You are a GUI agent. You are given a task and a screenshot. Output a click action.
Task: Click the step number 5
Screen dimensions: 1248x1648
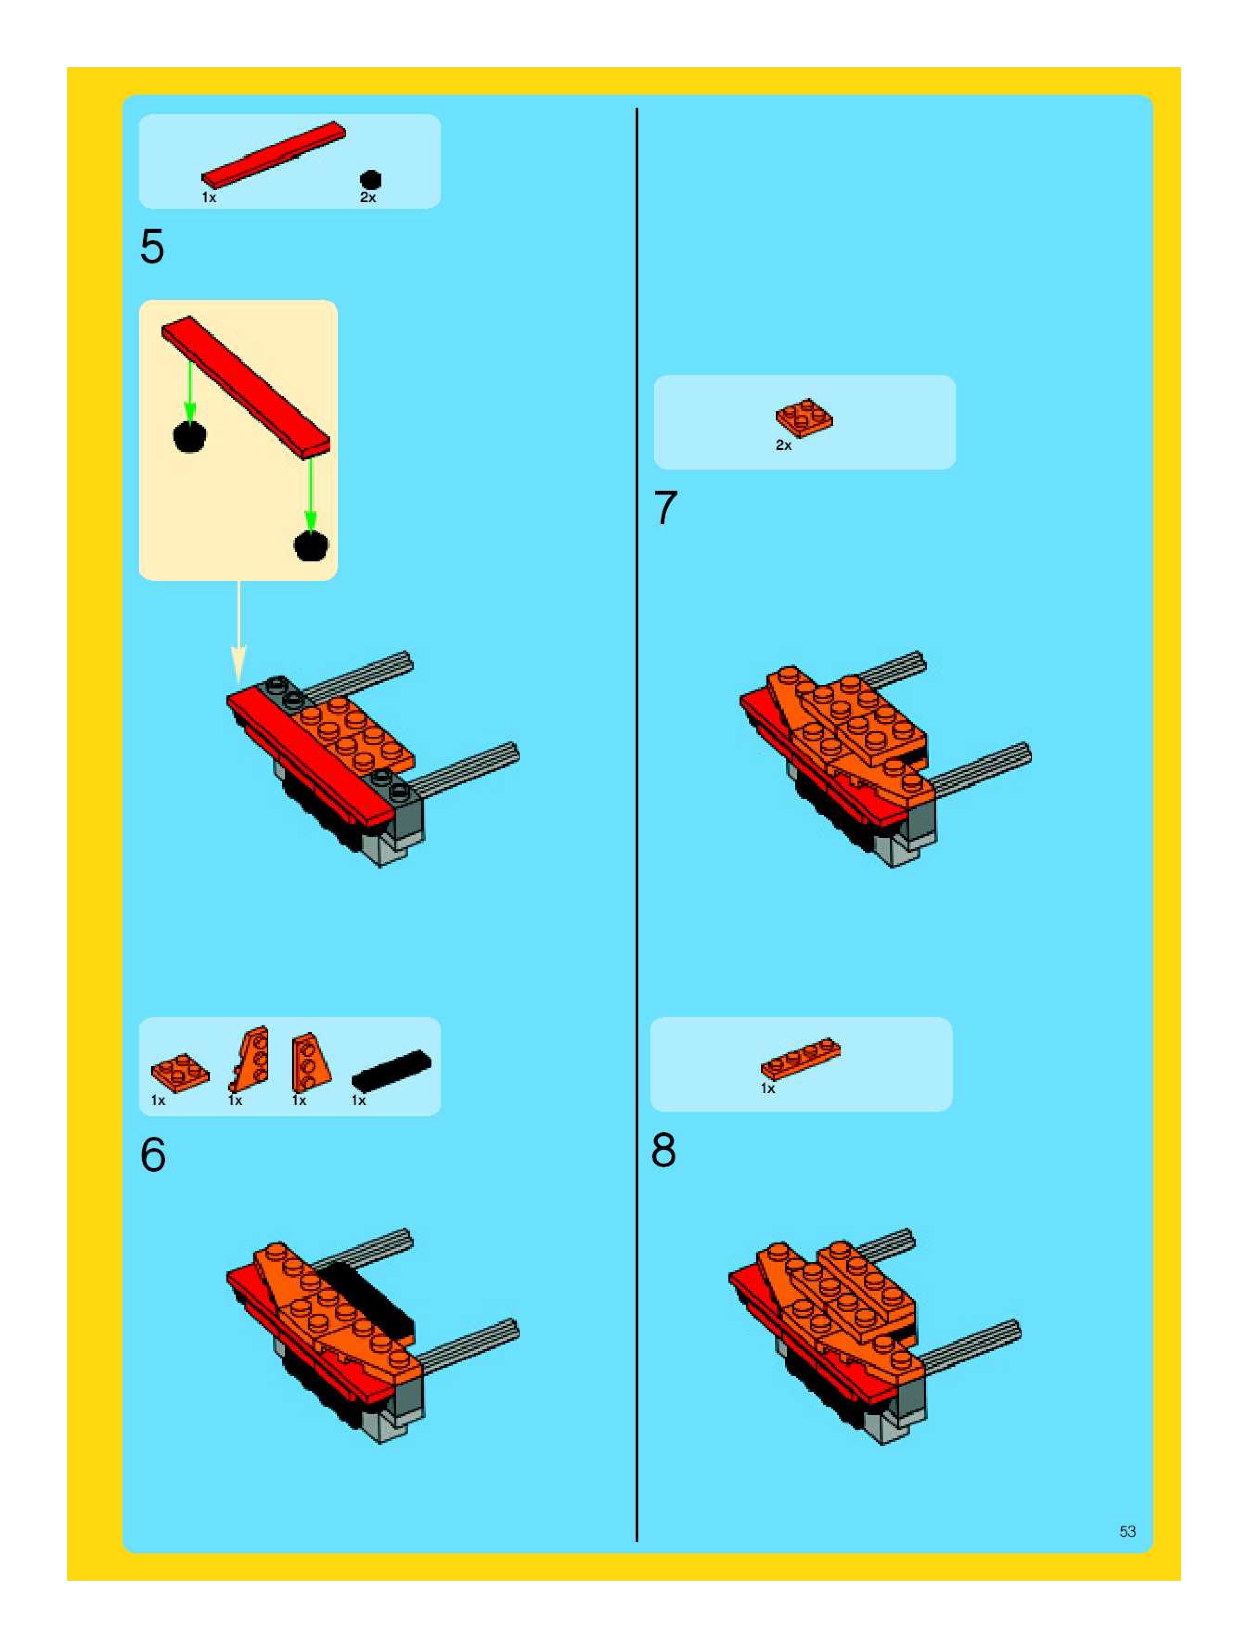[152, 247]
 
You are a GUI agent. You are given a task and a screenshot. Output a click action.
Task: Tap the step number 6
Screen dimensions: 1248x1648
[153, 1156]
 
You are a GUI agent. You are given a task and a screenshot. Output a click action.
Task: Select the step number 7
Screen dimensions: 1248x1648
[665, 508]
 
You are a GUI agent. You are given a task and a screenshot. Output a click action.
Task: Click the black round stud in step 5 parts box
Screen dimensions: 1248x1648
[370, 180]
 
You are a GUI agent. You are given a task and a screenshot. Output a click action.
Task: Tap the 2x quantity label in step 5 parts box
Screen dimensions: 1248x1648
[368, 198]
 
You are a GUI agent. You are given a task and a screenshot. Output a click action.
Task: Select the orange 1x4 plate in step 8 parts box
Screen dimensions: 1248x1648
[801, 1058]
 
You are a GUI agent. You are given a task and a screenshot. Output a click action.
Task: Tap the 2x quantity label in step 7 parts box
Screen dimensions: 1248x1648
[784, 445]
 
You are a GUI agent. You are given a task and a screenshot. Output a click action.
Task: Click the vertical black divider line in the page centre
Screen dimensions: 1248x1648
[637, 825]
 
